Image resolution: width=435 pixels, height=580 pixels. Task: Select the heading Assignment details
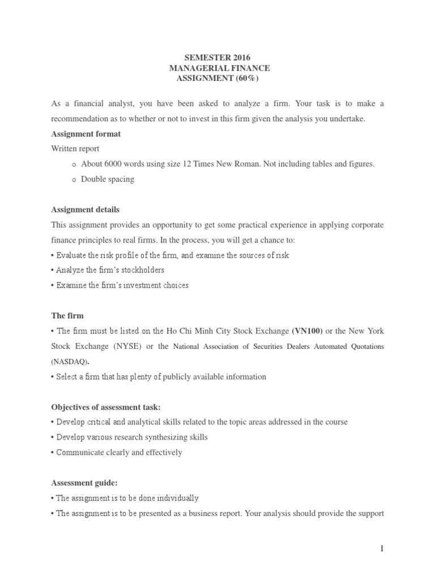tap(85, 210)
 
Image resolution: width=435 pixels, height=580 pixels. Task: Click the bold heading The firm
tap(67, 315)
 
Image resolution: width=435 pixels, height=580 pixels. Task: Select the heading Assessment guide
tap(84, 483)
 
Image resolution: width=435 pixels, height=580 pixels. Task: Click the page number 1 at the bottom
tap(382, 548)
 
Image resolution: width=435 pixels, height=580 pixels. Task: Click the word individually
tap(175, 498)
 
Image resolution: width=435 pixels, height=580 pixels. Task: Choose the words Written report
tap(75, 149)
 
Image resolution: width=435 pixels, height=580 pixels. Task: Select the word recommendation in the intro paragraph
tap(76, 119)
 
